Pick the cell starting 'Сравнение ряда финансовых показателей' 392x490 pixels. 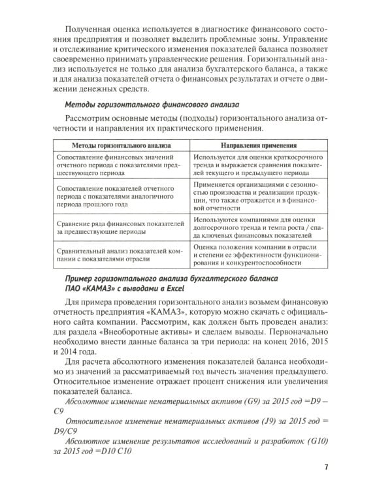pos(110,225)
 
